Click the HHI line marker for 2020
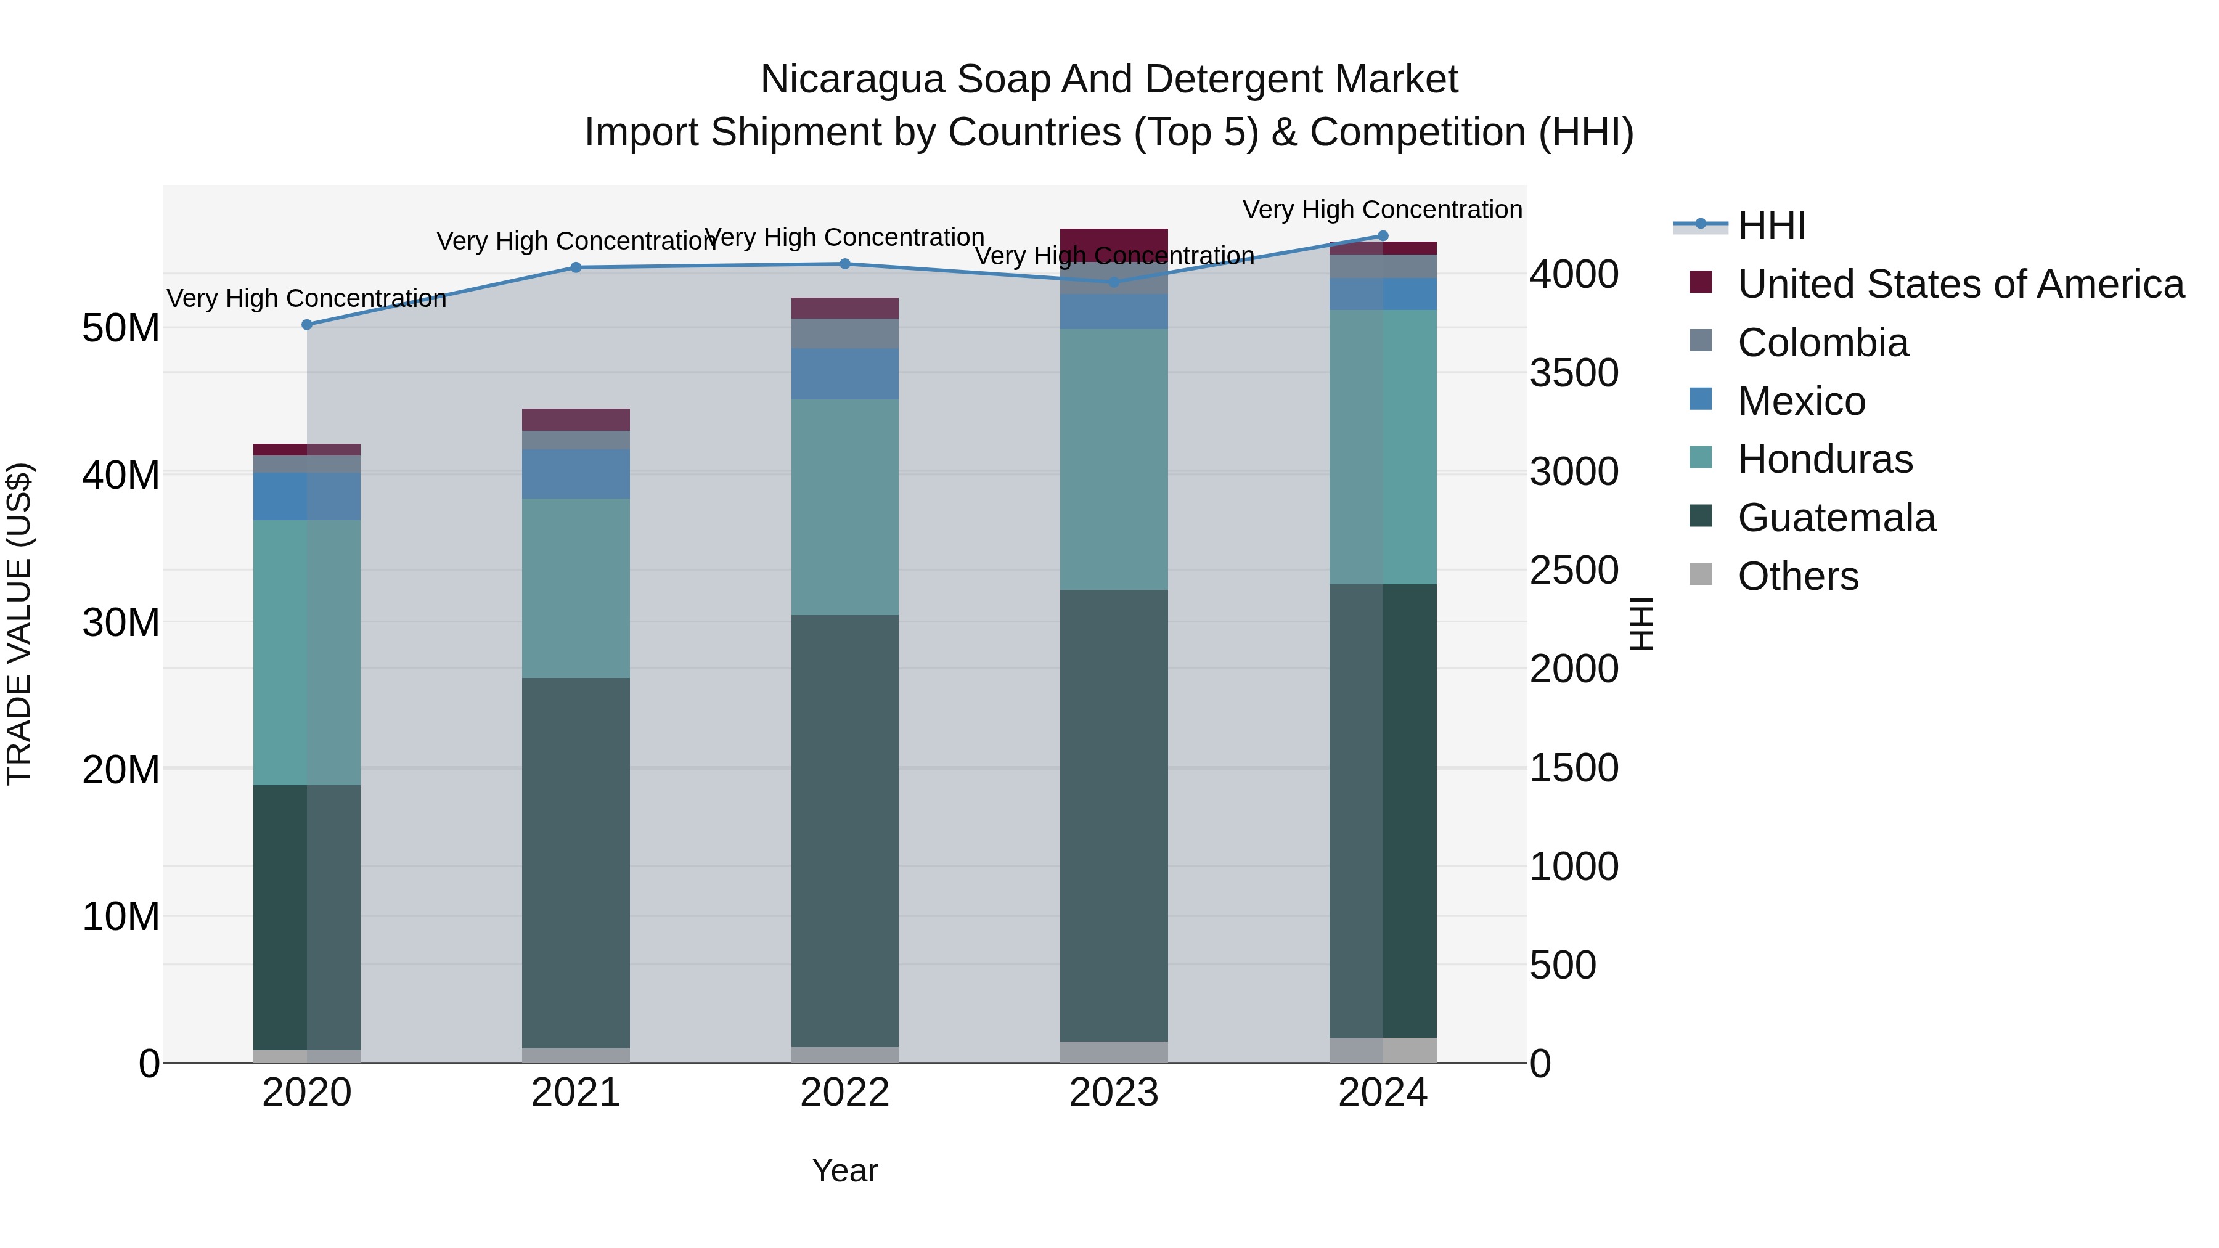307,325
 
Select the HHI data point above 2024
1383,236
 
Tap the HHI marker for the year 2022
844,264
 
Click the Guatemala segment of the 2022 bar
844,831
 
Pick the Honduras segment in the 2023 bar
1113,459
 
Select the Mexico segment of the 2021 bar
576,474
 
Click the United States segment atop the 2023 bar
1113,245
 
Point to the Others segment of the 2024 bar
1383,1050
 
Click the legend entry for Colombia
1822,343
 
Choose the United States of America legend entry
1960,284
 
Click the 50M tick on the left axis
121,328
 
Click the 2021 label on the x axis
576,1093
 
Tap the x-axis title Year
844,1170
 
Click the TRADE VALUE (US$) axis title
19,624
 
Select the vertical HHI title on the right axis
1642,624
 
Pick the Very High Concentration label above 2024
1382,210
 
